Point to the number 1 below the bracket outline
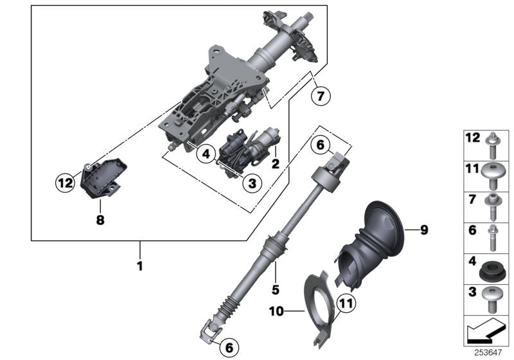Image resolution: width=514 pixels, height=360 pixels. pyautogui.click(x=139, y=264)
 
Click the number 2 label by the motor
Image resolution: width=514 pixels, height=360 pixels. pyautogui.click(x=275, y=164)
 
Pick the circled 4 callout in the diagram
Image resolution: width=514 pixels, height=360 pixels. pyautogui.click(x=205, y=154)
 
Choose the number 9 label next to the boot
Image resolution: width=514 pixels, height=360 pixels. pyautogui.click(x=424, y=229)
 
